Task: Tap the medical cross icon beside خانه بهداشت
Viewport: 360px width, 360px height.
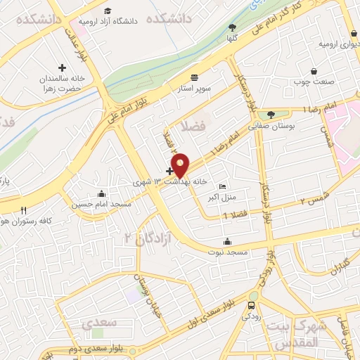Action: [169, 170]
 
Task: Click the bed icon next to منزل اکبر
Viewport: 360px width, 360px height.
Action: [223, 186]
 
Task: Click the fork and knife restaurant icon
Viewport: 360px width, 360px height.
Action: [23, 210]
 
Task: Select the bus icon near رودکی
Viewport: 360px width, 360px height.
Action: [252, 305]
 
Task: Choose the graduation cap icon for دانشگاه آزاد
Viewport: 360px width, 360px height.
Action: [108, 11]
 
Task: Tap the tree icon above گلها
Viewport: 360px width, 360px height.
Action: [232, 27]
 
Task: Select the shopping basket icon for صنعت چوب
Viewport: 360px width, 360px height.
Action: [314, 70]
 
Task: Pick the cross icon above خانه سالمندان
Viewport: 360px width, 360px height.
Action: [62, 68]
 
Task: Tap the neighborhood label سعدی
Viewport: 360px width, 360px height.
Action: [96, 324]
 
